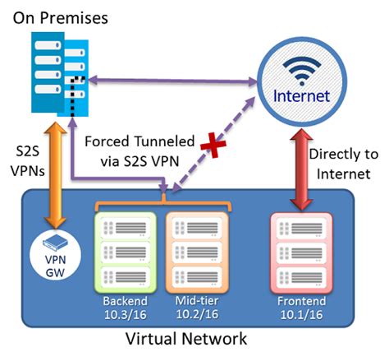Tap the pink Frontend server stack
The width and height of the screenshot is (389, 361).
click(x=301, y=251)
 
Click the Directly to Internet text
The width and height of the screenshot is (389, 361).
click(x=343, y=164)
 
